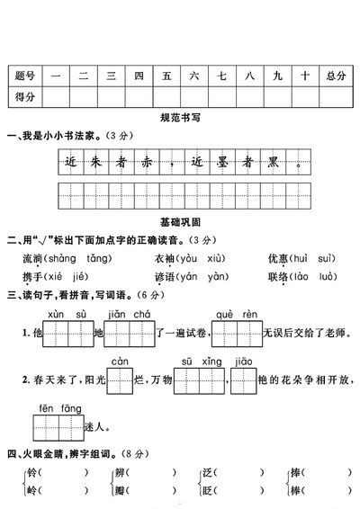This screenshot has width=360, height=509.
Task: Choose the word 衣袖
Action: point(164,258)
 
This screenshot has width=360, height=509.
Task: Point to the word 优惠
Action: point(278,258)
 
